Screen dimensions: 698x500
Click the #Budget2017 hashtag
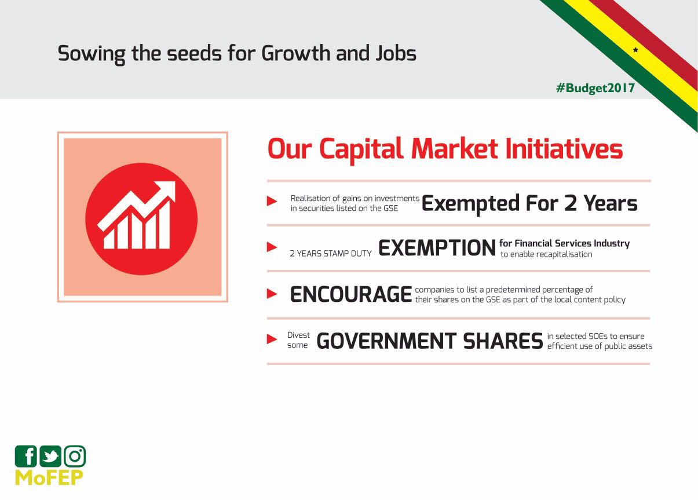click(595, 88)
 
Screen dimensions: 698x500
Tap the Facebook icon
click(26, 457)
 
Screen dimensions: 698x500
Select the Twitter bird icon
click(50, 457)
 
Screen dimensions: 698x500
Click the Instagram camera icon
click(75, 457)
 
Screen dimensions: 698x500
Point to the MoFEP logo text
click(49, 477)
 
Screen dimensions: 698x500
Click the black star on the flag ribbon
click(635, 50)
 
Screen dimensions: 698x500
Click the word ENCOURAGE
click(351, 294)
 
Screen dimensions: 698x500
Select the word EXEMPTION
click(437, 248)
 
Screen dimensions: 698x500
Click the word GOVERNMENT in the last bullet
click(386, 341)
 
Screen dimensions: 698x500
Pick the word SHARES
click(503, 341)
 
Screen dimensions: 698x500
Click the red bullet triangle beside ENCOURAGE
click(272, 293)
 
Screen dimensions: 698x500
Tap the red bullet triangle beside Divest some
click(272, 339)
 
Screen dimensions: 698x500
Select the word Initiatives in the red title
click(564, 149)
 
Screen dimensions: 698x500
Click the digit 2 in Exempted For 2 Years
click(571, 203)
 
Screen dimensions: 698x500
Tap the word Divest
click(298, 335)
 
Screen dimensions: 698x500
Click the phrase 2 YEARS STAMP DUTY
click(331, 254)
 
